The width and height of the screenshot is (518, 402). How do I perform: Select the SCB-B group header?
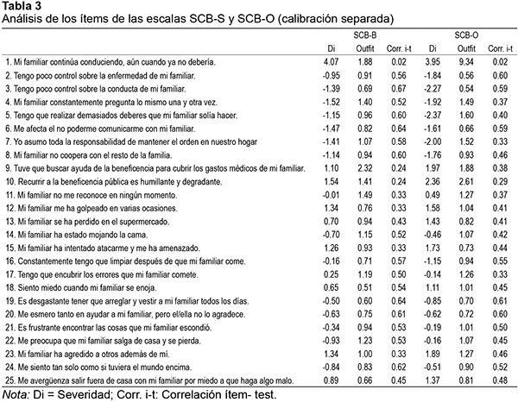[364, 35]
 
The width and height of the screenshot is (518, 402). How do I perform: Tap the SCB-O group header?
[466, 35]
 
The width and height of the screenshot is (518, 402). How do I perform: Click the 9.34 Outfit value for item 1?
[466, 62]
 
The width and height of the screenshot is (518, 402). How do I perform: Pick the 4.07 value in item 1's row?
[331, 62]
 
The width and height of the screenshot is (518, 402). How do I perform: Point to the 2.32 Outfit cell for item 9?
[365, 168]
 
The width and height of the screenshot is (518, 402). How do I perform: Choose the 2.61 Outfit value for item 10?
[466, 181]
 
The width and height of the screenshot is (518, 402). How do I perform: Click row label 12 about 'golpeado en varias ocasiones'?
[92, 208]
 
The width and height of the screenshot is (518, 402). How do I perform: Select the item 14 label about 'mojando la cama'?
[77, 235]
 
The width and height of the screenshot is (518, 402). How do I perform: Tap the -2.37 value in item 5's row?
[433, 116]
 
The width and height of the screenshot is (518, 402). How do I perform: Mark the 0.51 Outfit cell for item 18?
[365, 288]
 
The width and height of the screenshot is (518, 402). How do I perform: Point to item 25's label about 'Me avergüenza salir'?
[149, 381]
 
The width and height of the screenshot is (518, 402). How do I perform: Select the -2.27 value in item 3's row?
[433, 89]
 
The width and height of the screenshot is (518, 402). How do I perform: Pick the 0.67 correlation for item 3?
[399, 89]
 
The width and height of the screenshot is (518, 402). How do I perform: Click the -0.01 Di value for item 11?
[331, 195]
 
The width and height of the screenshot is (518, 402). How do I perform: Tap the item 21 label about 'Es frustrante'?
[109, 328]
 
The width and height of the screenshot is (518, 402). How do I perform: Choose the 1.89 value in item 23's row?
[433, 355]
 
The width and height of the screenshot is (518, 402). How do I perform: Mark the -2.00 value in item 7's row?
[433, 142]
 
